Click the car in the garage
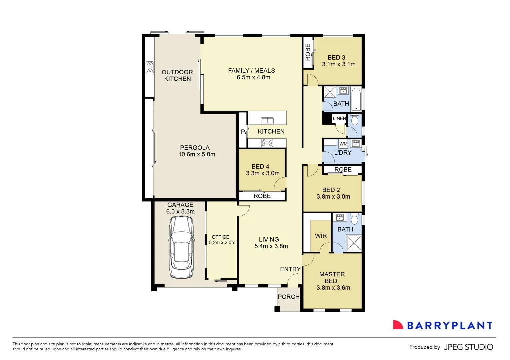tap(181, 247)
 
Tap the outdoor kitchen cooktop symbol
tap(150, 67)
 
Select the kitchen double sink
tap(267, 121)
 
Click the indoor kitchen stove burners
tap(267, 143)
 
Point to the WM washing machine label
tap(343, 144)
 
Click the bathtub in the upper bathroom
tap(356, 99)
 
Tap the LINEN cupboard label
tap(339, 118)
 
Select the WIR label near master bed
tap(321, 236)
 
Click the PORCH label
tap(289, 297)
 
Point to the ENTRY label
tap(290, 269)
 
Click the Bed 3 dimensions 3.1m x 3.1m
tap(339, 64)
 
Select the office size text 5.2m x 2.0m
tap(222, 243)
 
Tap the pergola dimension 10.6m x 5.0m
tap(197, 154)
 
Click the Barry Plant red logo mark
tap(398, 325)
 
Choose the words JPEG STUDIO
tap(468, 347)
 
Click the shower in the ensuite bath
tap(354, 243)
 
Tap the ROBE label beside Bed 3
tap(308, 52)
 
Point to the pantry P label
tap(243, 132)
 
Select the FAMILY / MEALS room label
tap(251, 71)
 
